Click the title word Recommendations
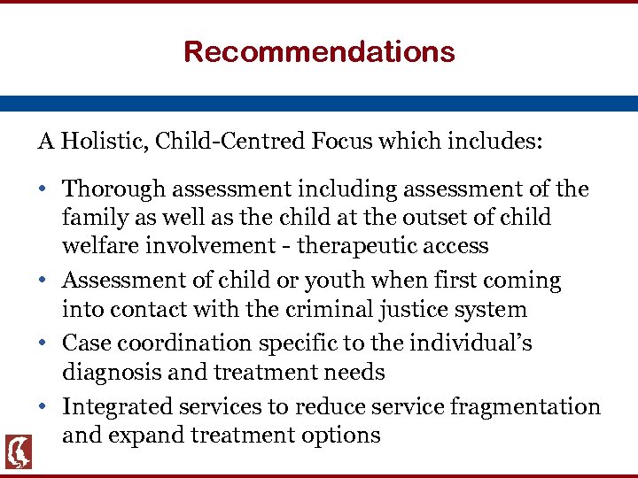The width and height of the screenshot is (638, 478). (319, 51)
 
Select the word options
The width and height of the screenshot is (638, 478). (341, 436)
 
